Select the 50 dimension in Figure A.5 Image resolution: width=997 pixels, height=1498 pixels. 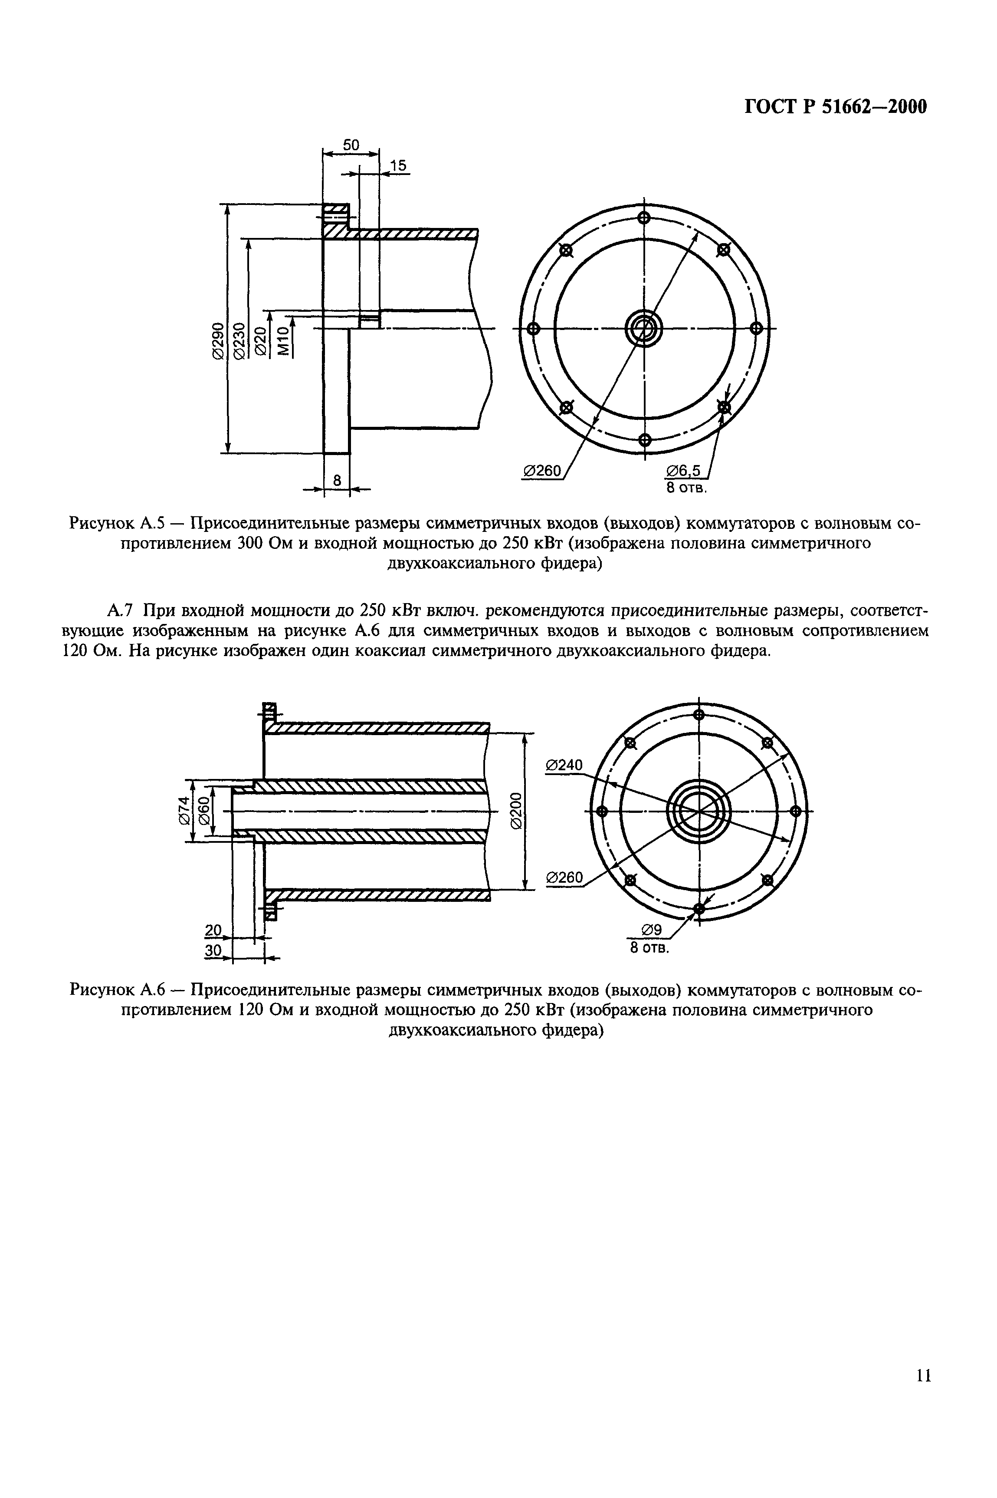click(x=351, y=145)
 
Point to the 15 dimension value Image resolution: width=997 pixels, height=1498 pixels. click(x=397, y=166)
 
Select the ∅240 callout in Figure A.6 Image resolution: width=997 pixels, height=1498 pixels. click(x=564, y=765)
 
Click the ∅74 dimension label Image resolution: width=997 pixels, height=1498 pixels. click(x=185, y=810)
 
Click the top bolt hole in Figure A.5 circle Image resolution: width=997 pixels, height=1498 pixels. click(x=644, y=218)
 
